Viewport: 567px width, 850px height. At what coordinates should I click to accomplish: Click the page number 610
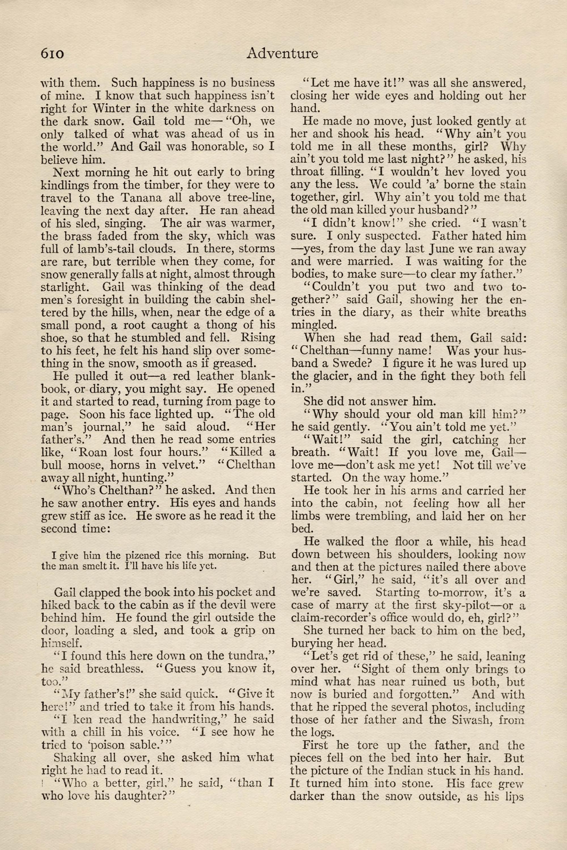pyautogui.click(x=52, y=54)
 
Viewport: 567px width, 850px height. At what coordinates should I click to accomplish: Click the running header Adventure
pyautogui.click(x=282, y=54)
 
